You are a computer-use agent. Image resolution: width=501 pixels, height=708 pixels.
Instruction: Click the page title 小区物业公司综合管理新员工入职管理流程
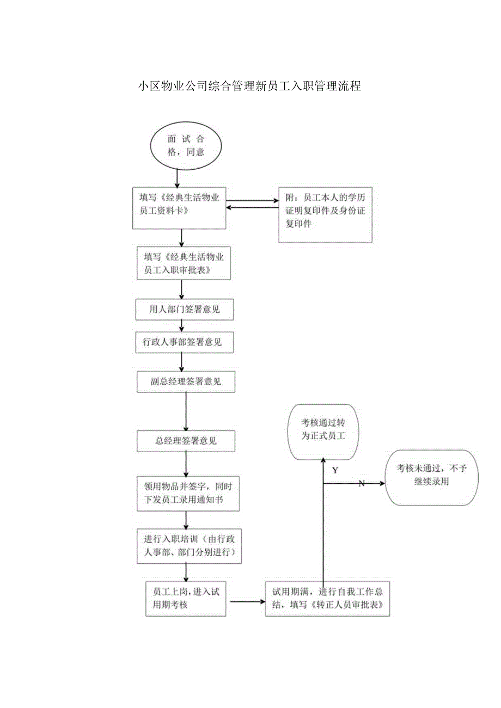tap(249, 85)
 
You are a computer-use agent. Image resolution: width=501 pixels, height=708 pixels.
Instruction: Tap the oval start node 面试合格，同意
tap(186, 145)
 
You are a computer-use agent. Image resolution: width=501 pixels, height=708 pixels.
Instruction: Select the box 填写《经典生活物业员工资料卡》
tap(179, 207)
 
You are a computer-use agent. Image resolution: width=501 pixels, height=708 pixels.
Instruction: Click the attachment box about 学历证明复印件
tap(325, 215)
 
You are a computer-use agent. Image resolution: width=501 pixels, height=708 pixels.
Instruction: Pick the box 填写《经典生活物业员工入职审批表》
tap(184, 263)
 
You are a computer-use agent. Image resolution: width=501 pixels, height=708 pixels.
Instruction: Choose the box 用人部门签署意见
tap(185, 310)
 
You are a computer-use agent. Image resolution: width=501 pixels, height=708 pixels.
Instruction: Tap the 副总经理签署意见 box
tap(186, 381)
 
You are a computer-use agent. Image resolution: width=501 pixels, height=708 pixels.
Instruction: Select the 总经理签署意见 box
tap(186, 441)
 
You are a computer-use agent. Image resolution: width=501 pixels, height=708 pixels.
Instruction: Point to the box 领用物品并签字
tap(188, 493)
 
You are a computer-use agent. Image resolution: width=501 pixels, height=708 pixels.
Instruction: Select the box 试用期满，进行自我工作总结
tap(327, 599)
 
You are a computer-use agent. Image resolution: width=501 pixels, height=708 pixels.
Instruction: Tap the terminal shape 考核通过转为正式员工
tap(323, 429)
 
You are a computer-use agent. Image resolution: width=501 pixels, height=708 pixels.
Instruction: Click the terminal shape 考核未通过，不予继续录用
tap(432, 477)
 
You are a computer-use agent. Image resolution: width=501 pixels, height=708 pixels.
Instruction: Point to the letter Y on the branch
tap(335, 470)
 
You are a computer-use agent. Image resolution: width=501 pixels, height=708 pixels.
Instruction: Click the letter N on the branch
tap(361, 483)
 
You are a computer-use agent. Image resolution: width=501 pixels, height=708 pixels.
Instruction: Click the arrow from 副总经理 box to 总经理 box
tap(186, 411)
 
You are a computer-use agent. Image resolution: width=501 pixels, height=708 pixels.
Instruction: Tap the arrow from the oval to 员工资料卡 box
tap(177, 177)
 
